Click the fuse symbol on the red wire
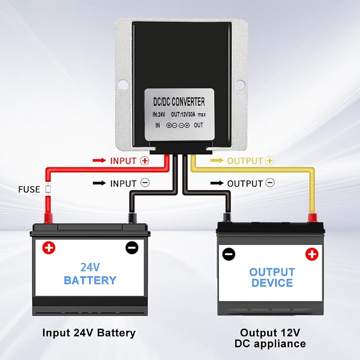(x=48, y=189)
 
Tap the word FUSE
(x=29, y=189)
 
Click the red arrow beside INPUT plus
(x=99, y=160)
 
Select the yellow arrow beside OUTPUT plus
(x=217, y=160)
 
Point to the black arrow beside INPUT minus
(x=99, y=183)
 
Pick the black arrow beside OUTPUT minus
(x=217, y=183)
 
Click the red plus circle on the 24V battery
(x=49, y=248)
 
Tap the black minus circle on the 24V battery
(x=132, y=248)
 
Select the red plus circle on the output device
(x=312, y=254)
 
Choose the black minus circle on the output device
(x=229, y=254)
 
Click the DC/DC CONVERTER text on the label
(x=179, y=102)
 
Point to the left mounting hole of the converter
(x=124, y=84)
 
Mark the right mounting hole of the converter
(x=240, y=84)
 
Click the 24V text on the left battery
(x=90, y=267)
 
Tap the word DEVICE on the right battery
(x=272, y=283)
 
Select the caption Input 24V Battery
(x=89, y=333)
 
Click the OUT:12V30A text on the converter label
(x=183, y=115)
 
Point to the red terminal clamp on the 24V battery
(x=48, y=218)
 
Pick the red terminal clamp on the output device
(x=312, y=218)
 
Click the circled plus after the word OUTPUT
(x=270, y=161)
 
